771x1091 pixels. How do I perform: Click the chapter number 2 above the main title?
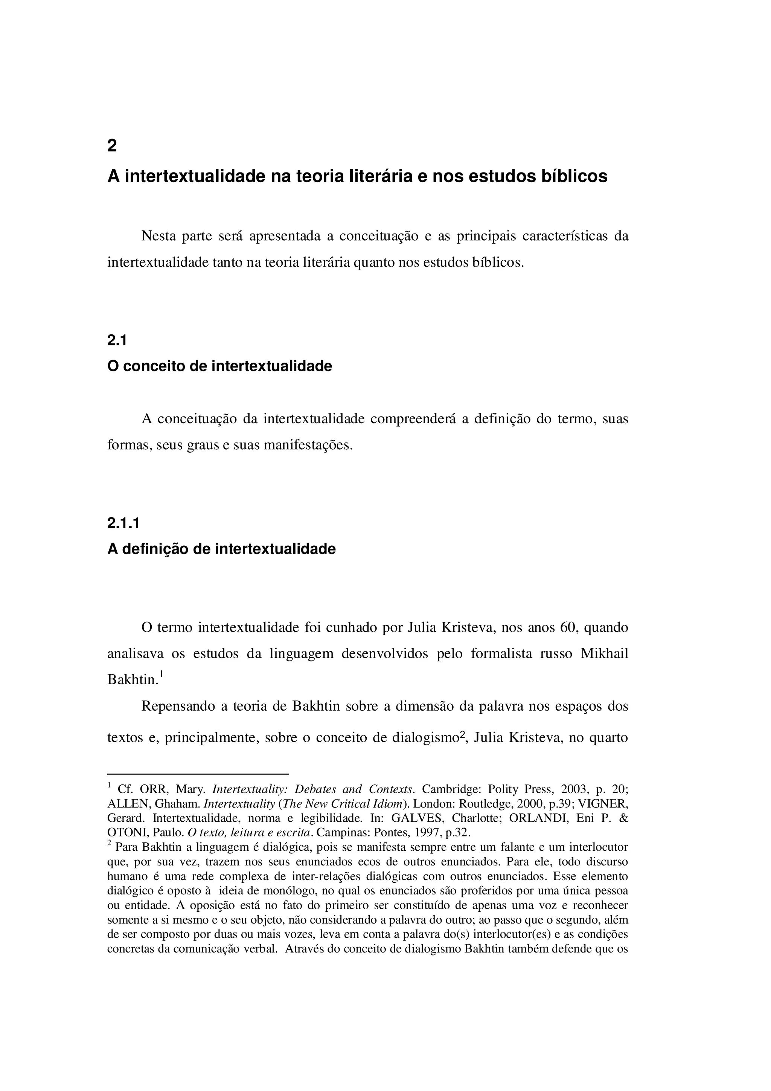click(112, 145)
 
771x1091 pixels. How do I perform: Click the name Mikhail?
click(604, 653)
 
